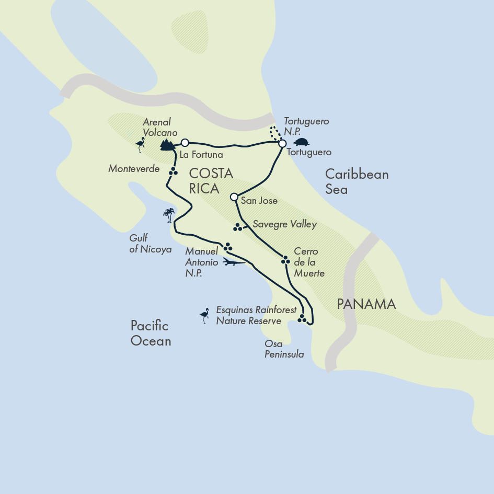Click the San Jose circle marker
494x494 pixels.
234,197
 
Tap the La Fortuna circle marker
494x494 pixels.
185,142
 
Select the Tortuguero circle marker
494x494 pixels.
282,143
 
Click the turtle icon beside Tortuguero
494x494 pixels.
301,142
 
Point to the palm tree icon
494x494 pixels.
168,215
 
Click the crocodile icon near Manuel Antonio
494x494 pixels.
233,262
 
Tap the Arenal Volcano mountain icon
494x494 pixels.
167,144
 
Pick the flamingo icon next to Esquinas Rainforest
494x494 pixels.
204,316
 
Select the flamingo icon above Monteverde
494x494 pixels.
140,144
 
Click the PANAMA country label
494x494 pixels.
366,304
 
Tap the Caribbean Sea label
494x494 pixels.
357,181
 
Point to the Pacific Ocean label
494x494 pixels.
151,334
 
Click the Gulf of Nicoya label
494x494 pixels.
150,244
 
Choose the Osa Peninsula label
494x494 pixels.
284,349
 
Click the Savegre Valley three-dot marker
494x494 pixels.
238,227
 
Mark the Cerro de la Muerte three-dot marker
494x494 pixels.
285,260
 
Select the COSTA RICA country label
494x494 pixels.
211,181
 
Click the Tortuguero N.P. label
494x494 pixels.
306,126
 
